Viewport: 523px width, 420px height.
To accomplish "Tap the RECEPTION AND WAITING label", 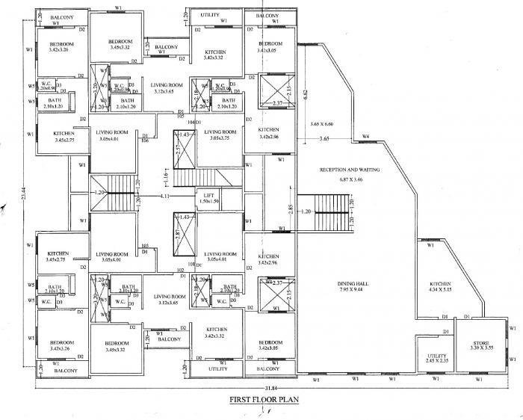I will pos(350,170).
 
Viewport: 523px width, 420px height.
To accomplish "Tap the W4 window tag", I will pos(365,135).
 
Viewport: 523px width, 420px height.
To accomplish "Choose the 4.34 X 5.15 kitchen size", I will pos(441,290).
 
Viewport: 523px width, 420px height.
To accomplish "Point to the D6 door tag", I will pos(144,140).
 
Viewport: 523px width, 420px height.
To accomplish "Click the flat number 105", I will pos(180,117).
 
